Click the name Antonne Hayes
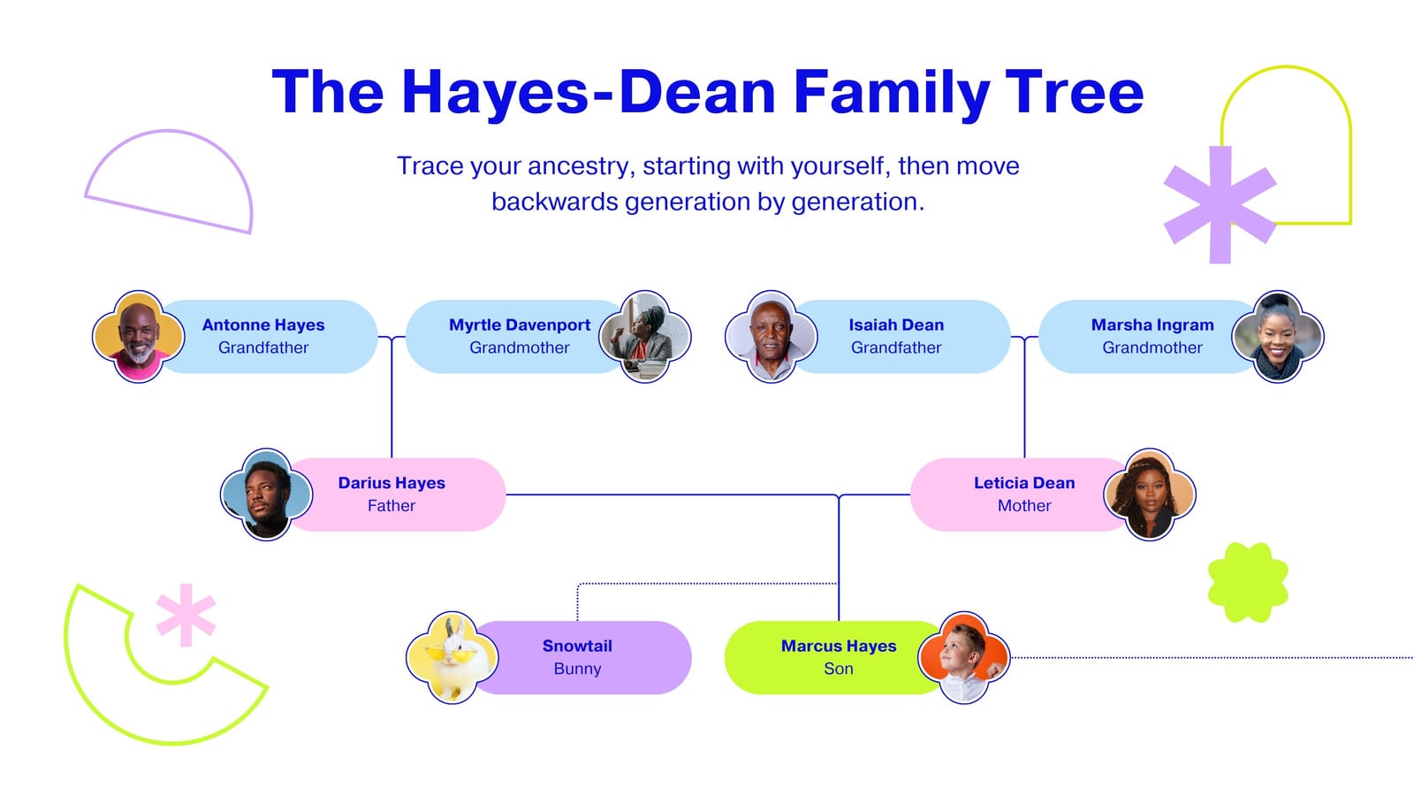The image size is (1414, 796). point(263,325)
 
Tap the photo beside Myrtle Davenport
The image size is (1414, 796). point(644,337)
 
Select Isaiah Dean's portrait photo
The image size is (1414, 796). point(772,337)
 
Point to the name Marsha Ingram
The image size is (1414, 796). point(1152,325)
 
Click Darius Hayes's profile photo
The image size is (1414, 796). point(266,494)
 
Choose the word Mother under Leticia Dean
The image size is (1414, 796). point(1024,505)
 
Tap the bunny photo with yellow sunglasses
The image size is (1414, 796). point(452,658)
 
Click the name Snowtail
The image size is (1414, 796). point(577,646)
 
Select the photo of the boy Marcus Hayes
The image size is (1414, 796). point(964,658)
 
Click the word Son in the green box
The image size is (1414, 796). point(839,669)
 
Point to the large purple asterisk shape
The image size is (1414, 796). point(1220,204)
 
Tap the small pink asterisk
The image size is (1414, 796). point(186,616)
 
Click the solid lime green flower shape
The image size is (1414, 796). point(1248,583)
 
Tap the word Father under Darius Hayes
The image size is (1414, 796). point(392,505)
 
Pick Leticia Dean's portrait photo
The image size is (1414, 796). point(1150,494)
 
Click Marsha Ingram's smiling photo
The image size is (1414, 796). point(1278,337)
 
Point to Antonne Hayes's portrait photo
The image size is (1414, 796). point(138,337)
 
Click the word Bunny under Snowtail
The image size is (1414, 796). point(577,669)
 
